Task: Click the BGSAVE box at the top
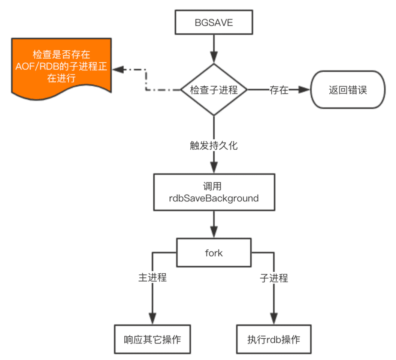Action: (214, 22)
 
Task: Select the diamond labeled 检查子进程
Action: (214, 90)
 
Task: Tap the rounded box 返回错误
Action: (347, 90)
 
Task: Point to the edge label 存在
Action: (279, 90)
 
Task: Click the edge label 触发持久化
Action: (214, 145)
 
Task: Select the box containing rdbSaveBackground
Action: (214, 192)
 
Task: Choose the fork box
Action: (214, 253)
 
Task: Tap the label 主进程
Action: (152, 277)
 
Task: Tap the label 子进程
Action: (274, 277)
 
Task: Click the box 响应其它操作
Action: (152, 339)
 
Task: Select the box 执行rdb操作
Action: (274, 339)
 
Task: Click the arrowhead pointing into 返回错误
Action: (305, 90)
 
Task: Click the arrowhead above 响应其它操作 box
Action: (152, 318)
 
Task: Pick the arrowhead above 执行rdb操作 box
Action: (274, 318)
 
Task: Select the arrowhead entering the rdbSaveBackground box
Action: (214, 168)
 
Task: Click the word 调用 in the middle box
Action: (214, 186)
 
